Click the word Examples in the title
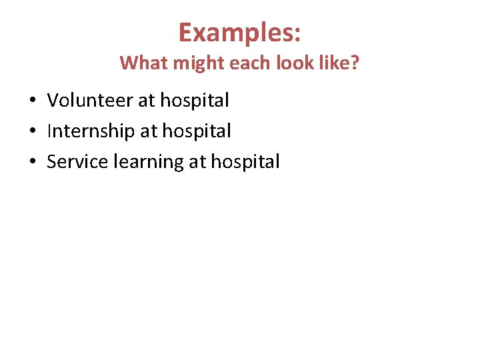235,33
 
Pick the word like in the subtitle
332,63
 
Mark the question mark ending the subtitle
354,63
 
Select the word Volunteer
89,101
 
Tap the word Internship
91,131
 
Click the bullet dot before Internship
33,132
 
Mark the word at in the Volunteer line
145,101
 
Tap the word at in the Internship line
147,132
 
